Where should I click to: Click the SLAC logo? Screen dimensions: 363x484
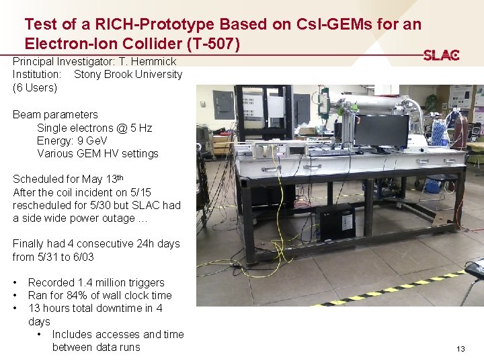(x=441, y=55)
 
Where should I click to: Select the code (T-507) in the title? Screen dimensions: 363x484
(x=210, y=43)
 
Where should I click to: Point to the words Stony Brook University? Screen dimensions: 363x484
(x=128, y=74)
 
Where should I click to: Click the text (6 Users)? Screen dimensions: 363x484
(x=35, y=87)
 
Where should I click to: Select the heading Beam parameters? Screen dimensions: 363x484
(x=55, y=115)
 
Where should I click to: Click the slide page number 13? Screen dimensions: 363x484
(x=460, y=349)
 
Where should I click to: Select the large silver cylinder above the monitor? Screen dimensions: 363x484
(x=373, y=104)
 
